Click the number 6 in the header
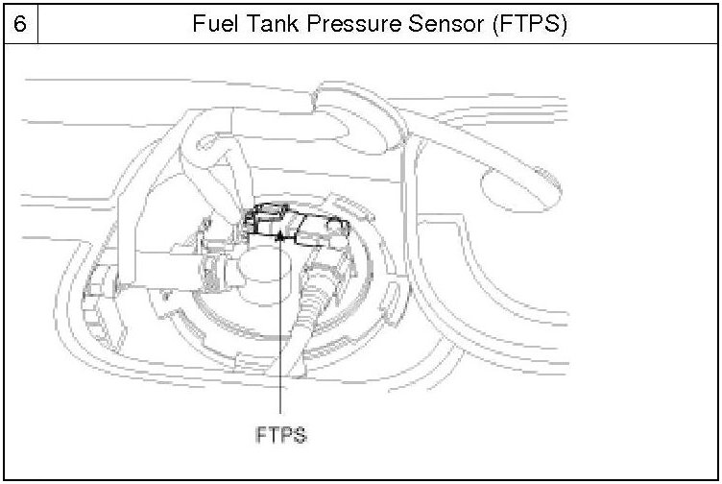point(19,22)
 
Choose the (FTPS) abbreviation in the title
point(529,22)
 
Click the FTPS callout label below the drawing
point(281,434)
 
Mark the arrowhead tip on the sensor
point(279,233)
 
